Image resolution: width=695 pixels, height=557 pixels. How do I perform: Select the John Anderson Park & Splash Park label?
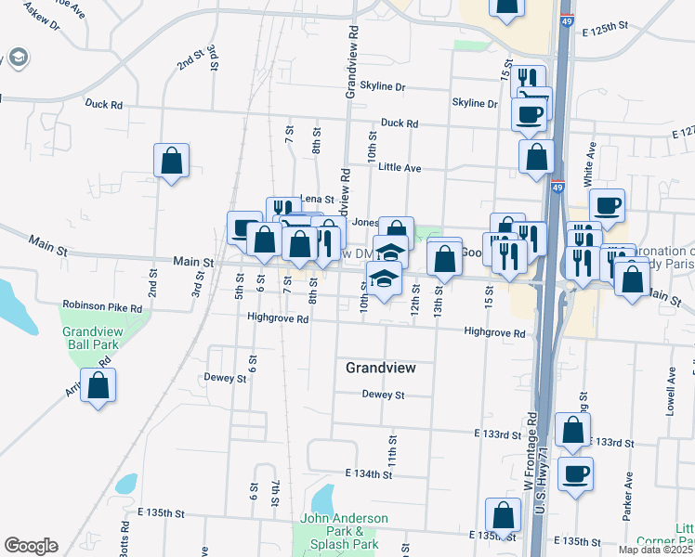pyautogui.click(x=343, y=531)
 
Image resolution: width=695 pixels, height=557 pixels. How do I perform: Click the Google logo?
pyautogui.click(x=31, y=546)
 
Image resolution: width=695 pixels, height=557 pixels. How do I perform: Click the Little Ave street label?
pyautogui.click(x=400, y=168)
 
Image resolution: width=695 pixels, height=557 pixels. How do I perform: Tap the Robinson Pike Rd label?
pyautogui.click(x=102, y=305)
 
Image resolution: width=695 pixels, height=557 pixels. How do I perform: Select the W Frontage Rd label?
pyautogui.click(x=530, y=452)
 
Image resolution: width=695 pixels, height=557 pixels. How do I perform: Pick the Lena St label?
pyautogui.click(x=316, y=200)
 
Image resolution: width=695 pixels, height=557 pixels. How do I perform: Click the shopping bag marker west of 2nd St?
pyautogui.click(x=172, y=160)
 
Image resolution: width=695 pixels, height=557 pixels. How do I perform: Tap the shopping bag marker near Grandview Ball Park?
pyautogui.click(x=98, y=385)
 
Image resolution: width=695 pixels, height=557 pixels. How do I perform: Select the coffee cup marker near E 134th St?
pyautogui.click(x=574, y=473)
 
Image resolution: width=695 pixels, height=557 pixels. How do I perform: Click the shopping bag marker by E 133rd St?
pyautogui.click(x=573, y=429)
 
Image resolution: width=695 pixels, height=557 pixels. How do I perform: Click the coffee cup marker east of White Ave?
pyautogui.click(x=607, y=205)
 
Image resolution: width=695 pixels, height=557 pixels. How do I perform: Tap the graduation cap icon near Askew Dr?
pyautogui.click(x=18, y=59)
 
